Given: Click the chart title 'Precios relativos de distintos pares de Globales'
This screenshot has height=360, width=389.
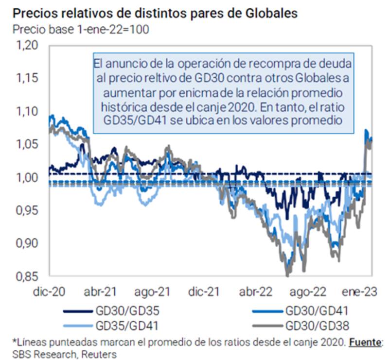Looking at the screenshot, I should pos(154,13).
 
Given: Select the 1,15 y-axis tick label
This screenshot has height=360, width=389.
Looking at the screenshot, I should pos(27,79).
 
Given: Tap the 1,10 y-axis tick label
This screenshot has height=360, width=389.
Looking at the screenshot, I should pos(27,111).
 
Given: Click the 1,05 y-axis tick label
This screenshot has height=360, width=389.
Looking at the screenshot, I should pos(27,144).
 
